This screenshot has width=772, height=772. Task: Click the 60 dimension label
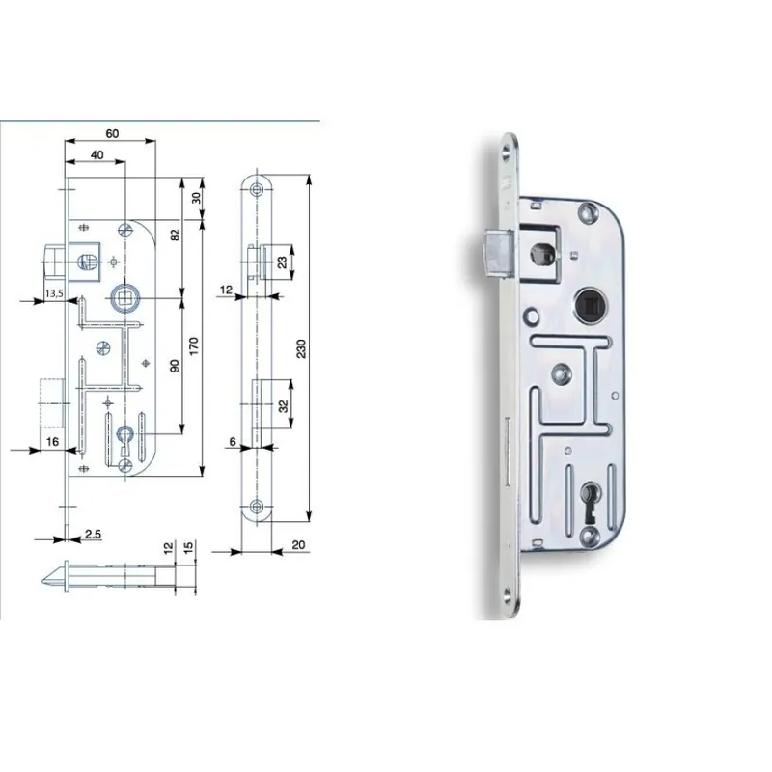click(x=112, y=133)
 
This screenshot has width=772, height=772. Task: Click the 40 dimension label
click(x=97, y=155)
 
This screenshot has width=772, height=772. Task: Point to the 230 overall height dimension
click(x=301, y=348)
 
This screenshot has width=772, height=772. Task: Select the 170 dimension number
click(x=194, y=346)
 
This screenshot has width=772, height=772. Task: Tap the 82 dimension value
click(x=176, y=234)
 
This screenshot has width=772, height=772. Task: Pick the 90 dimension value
click(x=175, y=366)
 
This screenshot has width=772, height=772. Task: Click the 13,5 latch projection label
click(x=54, y=294)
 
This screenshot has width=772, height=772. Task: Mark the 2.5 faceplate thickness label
click(x=93, y=534)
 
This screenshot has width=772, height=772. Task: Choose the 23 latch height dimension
click(x=282, y=262)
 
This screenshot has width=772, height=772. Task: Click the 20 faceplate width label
click(x=298, y=545)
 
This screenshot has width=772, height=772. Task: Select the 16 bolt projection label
click(x=52, y=442)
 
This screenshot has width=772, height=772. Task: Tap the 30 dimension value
click(x=197, y=198)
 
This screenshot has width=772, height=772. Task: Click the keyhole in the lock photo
click(x=590, y=502)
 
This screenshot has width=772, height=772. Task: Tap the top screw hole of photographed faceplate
click(x=506, y=151)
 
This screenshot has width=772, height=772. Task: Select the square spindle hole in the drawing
click(x=124, y=298)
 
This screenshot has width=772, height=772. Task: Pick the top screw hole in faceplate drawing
click(x=256, y=189)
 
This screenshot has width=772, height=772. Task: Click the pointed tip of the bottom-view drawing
click(x=42, y=581)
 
